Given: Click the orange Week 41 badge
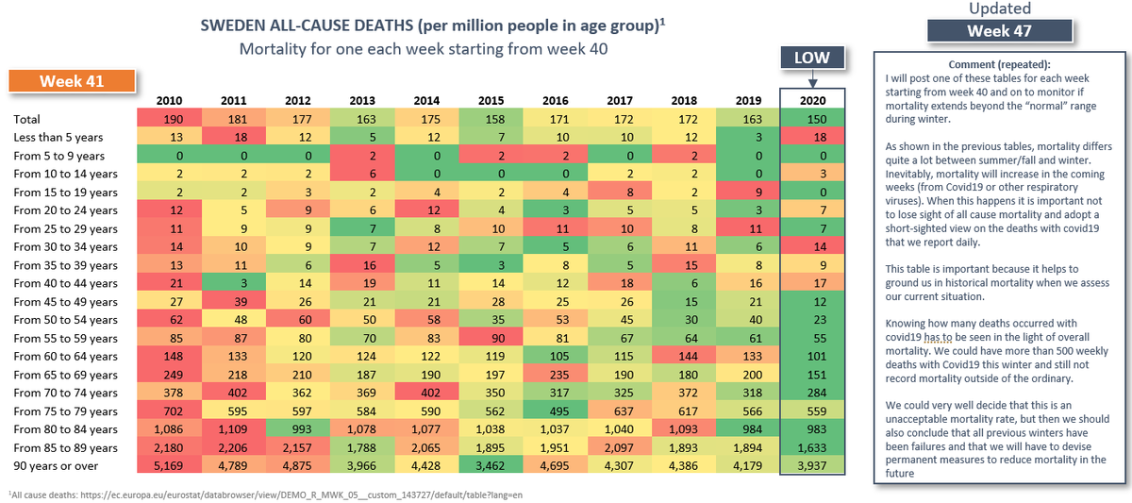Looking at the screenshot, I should (x=71, y=82).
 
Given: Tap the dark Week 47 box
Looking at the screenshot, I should (x=999, y=31).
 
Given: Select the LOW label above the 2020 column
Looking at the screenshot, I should (x=810, y=58).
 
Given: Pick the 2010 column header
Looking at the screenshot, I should (x=170, y=101).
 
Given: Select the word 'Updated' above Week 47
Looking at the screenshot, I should (x=999, y=8).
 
